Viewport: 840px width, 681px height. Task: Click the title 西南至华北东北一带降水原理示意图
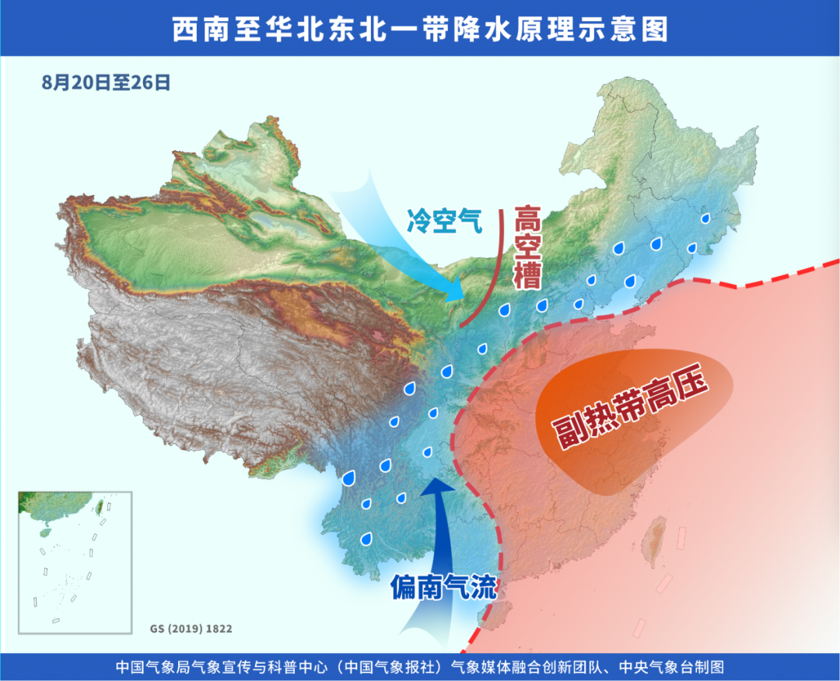[420, 29]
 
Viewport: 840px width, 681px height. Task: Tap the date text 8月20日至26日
[105, 82]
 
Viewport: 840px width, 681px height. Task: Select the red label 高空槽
[528, 246]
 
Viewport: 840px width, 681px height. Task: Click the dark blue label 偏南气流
[443, 588]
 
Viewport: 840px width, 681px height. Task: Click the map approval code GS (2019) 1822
[191, 627]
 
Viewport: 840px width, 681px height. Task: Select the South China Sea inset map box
[75, 562]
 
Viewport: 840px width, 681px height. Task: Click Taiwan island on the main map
[657, 544]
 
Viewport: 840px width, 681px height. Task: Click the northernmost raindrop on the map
[705, 219]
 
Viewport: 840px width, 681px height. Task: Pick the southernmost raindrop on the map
[366, 538]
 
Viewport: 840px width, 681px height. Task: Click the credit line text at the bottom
[420, 667]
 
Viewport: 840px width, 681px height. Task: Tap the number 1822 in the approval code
[219, 627]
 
